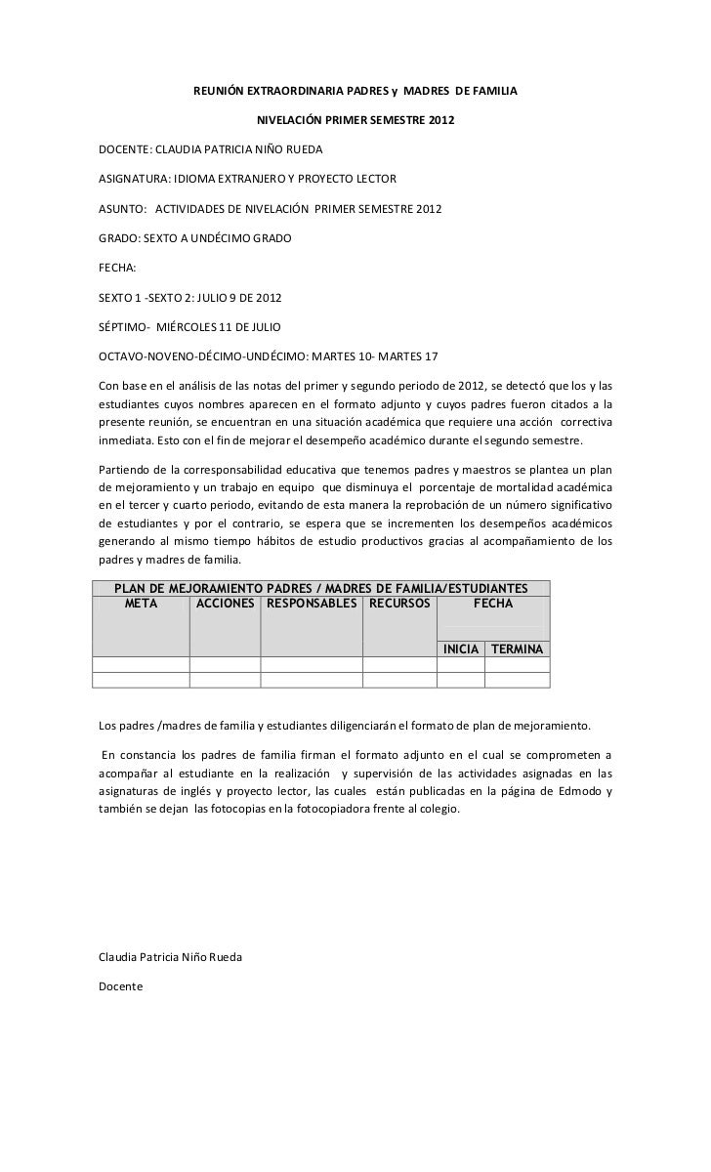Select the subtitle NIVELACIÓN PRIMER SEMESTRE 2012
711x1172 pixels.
355,123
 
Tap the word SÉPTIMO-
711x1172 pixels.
126,323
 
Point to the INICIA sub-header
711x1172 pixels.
462,649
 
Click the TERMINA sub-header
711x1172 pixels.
518,649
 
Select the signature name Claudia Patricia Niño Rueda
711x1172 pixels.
171,955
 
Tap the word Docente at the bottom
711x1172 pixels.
121,986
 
